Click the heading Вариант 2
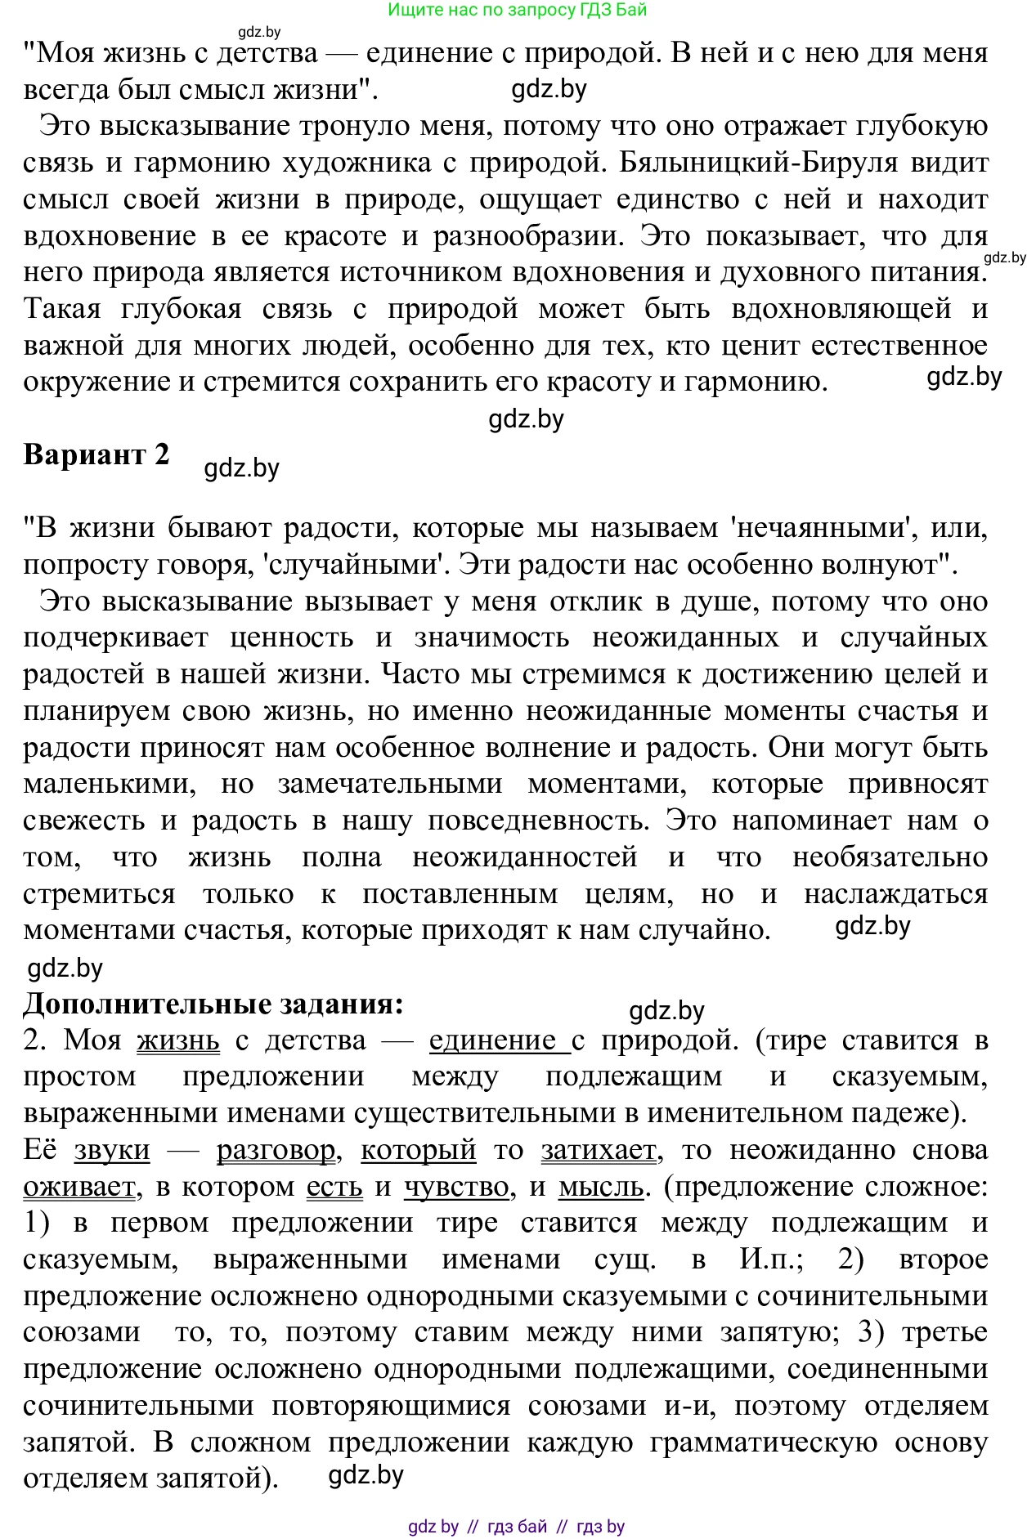96,454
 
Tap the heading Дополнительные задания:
213,1003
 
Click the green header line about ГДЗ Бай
517,10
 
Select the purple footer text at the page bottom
516,1526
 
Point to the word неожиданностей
524,857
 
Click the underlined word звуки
112,1150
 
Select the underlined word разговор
276,1150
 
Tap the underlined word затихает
599,1150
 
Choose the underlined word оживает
79,1187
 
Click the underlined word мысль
601,1187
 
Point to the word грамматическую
763,1443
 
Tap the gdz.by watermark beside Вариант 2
242,468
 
